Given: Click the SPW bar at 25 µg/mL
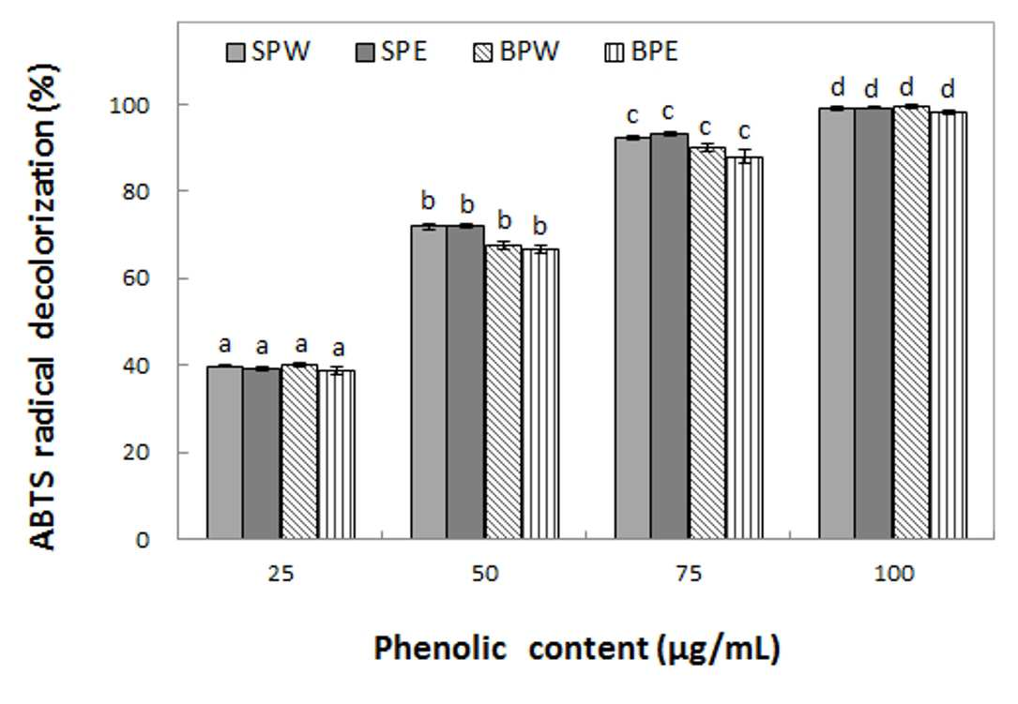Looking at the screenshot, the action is point(224,452).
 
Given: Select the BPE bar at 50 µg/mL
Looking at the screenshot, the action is point(540,394).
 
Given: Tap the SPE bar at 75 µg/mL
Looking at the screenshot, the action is point(669,337).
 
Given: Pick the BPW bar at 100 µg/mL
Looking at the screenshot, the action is point(911,322).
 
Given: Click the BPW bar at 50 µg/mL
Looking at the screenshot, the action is point(503,392).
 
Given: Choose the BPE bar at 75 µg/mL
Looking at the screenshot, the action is point(744,348).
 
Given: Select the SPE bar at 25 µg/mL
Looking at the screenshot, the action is point(262,454).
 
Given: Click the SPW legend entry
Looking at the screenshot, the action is point(268,52).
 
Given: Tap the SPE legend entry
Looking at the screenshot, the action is point(391,52).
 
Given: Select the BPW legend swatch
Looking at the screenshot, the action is point(484,52).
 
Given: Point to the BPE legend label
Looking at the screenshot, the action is point(655,52).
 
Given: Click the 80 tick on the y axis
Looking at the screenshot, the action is point(137,192).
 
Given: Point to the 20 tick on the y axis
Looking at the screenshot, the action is point(137,452).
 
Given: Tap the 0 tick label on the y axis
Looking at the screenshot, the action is point(144,540).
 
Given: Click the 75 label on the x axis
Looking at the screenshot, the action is point(689,574).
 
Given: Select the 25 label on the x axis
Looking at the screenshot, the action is point(281,574).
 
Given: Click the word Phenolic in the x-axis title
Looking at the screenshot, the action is point(440,648).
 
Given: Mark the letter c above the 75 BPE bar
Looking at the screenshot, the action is point(745,132).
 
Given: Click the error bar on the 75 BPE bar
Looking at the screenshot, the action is point(745,157).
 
